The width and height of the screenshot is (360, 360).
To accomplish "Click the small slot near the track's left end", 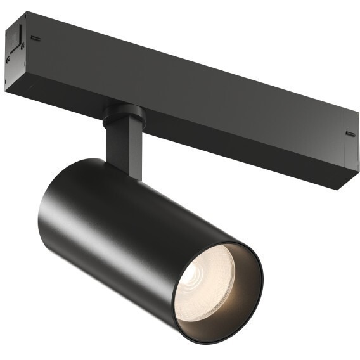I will [x=35, y=38].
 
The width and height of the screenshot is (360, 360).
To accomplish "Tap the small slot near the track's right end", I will [x=350, y=134].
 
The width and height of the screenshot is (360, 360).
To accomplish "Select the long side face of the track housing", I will [x=190, y=95].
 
